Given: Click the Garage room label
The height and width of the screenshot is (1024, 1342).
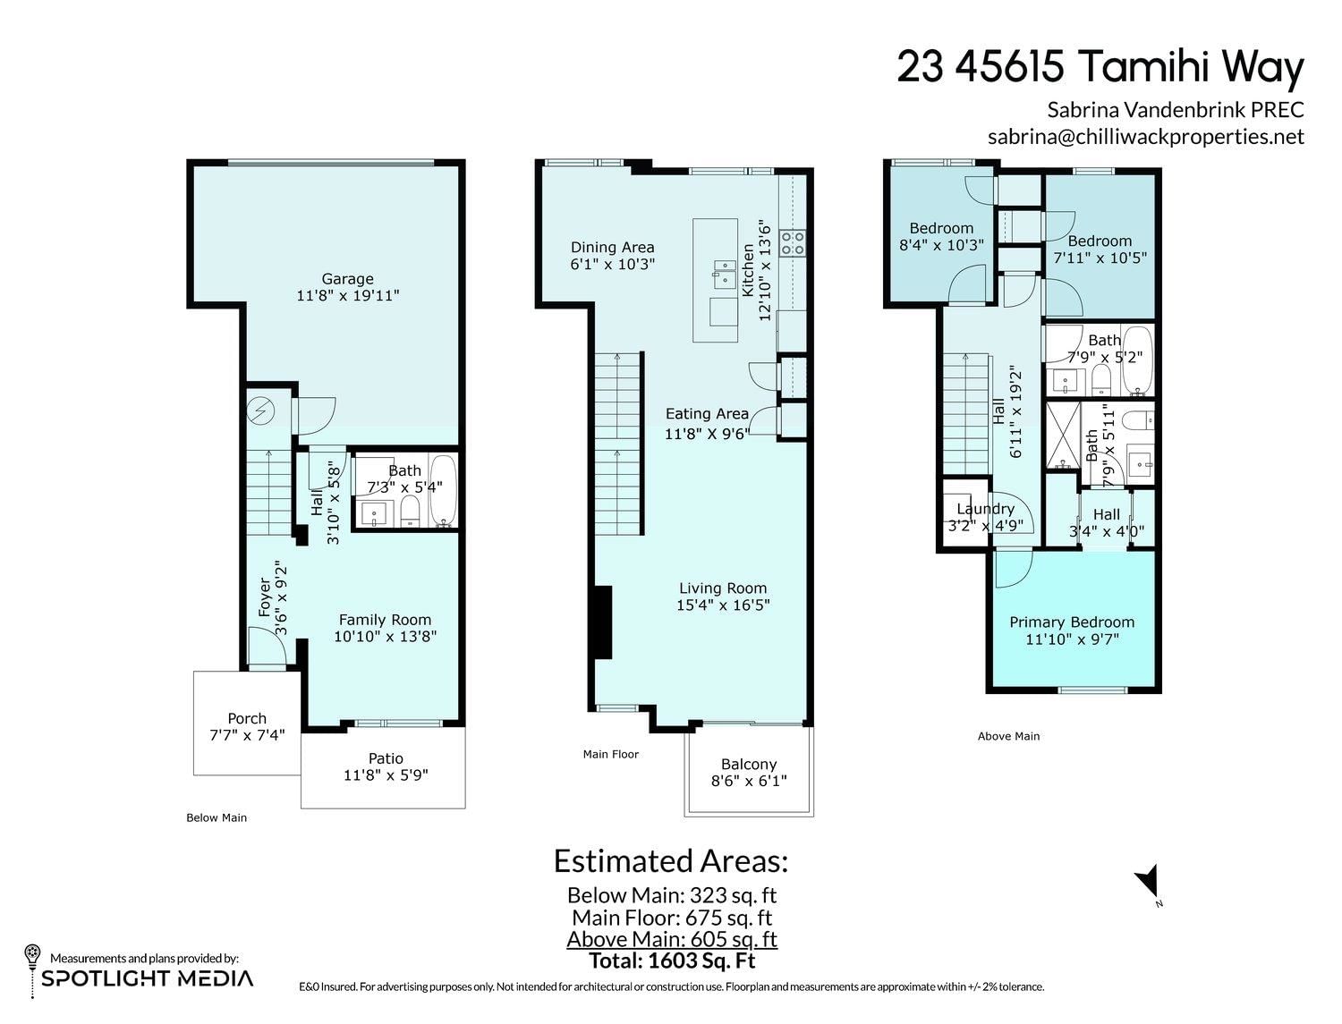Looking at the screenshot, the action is (x=347, y=279).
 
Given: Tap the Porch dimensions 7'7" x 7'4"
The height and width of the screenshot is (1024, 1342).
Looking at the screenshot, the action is (x=247, y=735).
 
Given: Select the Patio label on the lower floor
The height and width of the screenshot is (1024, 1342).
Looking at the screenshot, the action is (x=386, y=758).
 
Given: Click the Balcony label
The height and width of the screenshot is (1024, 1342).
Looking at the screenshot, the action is (x=749, y=765).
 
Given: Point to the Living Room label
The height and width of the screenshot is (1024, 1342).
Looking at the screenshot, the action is (x=723, y=588).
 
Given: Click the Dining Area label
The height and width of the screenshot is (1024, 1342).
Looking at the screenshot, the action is (x=612, y=248).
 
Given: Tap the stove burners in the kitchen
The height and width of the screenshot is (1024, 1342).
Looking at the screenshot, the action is (x=793, y=242).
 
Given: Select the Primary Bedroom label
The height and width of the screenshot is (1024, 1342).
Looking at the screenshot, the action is (x=1072, y=622).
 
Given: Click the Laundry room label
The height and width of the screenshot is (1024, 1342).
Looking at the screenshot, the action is (x=986, y=508).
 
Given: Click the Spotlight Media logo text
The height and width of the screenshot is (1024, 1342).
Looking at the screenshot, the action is (x=147, y=978).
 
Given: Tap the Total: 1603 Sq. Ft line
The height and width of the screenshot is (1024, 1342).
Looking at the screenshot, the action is (x=672, y=961).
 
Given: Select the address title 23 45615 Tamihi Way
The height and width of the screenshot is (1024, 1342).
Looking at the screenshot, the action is (x=1100, y=66).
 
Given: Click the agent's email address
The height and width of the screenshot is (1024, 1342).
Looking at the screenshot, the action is (x=1146, y=136).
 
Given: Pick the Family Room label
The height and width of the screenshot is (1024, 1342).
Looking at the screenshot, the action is (x=386, y=620).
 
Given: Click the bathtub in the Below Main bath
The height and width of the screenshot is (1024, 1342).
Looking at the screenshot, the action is (x=443, y=491).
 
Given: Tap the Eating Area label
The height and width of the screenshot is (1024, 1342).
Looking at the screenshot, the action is (x=708, y=414).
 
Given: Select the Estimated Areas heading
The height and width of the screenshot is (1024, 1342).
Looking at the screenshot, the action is (x=671, y=861).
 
